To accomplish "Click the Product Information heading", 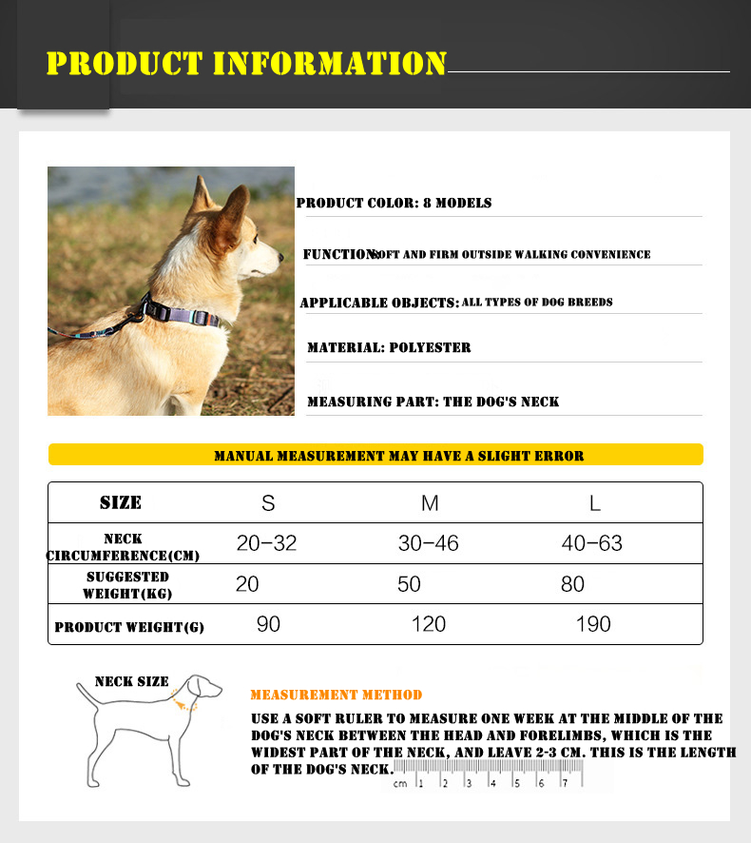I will tap(246, 64).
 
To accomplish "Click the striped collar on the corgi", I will tap(186, 311).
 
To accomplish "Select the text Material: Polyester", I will tap(389, 348).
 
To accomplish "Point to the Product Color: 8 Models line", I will tap(394, 203).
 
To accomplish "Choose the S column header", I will tap(268, 502).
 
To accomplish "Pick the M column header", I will tap(430, 502).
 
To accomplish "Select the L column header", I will tap(594, 502).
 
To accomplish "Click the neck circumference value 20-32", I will tap(266, 543).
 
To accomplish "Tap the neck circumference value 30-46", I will tap(428, 543).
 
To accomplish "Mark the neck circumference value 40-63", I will tap(591, 543).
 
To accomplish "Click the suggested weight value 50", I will tap(409, 584).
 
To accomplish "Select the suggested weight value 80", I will tap(572, 584).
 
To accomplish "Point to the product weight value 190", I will tap(593, 624).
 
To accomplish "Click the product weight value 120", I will tap(429, 624).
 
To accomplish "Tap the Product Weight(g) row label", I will tap(129, 627).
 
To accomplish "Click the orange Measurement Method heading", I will tap(337, 696).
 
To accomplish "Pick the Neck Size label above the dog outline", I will tap(131, 681).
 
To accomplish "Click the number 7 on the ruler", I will tap(565, 783).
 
